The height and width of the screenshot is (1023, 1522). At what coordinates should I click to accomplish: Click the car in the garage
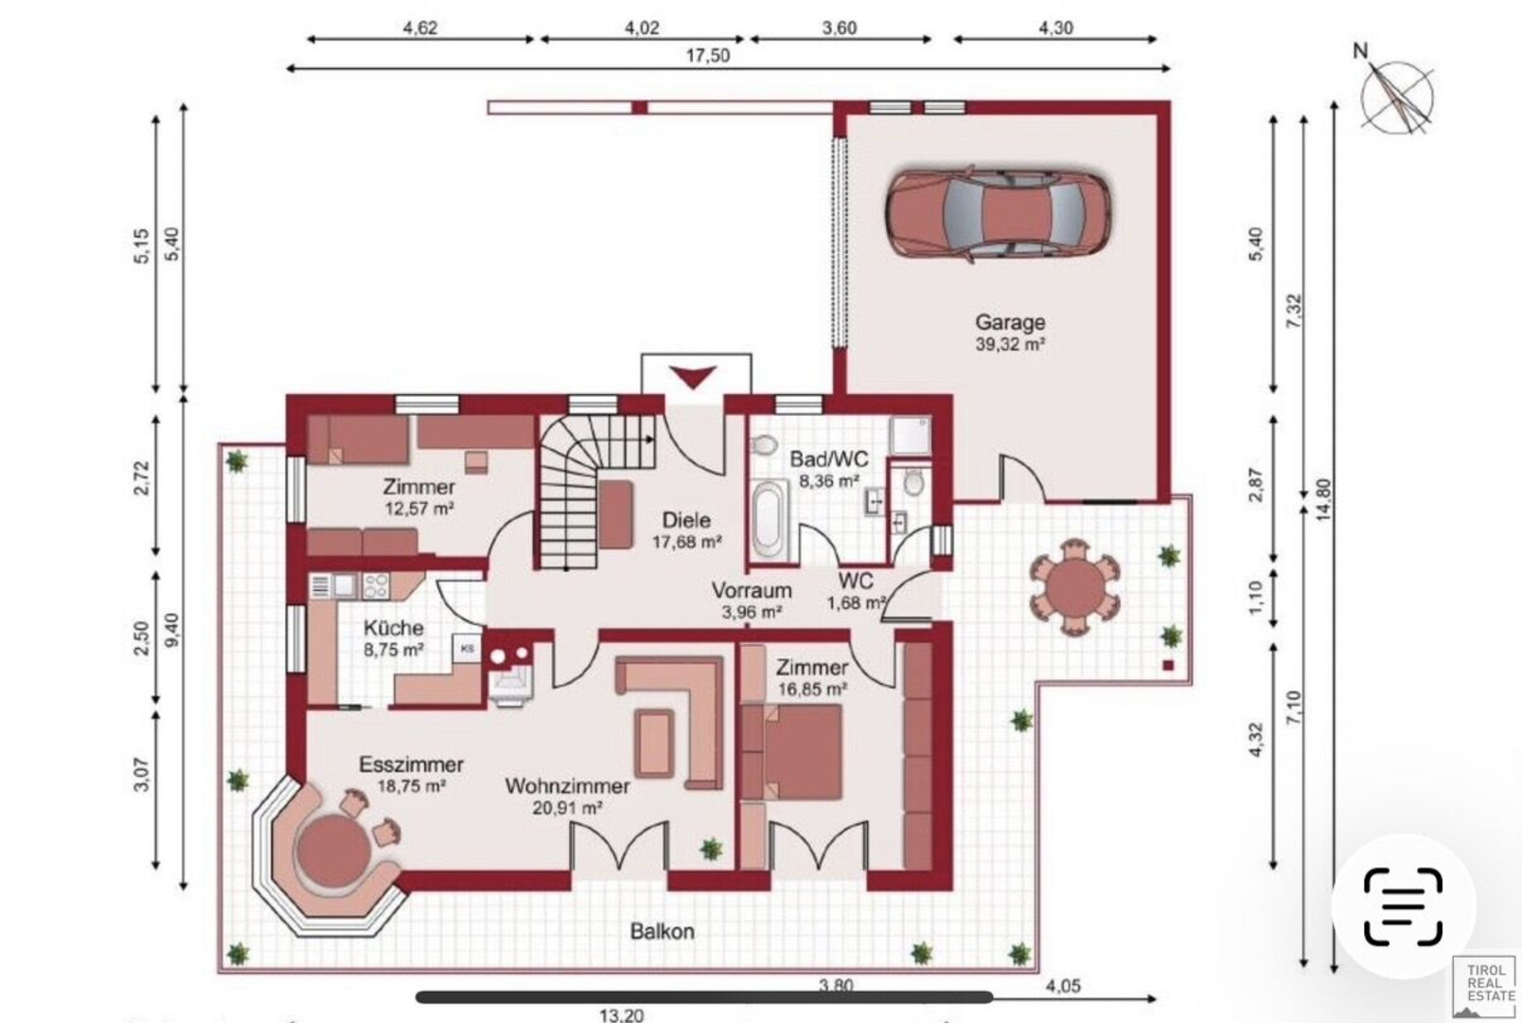pyautogui.click(x=998, y=212)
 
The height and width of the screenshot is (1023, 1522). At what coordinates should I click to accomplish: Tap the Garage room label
pyautogui.click(x=1010, y=322)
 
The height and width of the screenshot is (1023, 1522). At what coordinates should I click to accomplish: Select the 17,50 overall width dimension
pyautogui.click(x=708, y=56)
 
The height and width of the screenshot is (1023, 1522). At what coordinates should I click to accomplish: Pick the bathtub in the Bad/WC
pyautogui.click(x=770, y=520)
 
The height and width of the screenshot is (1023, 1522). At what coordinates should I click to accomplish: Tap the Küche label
pyautogui.click(x=394, y=627)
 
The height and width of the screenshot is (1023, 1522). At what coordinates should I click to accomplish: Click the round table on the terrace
pyautogui.click(x=1075, y=587)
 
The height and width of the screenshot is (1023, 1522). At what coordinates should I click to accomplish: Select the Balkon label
pyautogui.click(x=662, y=931)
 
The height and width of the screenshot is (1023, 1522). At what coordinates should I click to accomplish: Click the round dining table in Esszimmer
pyautogui.click(x=333, y=851)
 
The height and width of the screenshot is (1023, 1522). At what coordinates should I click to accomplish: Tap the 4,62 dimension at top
pyautogui.click(x=420, y=27)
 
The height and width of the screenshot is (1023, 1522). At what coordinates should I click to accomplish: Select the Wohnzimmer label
pyautogui.click(x=567, y=786)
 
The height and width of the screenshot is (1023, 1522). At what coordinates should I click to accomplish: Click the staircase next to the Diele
pyautogui.click(x=596, y=491)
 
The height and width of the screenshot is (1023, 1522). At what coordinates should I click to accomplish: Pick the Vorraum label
pyautogui.click(x=752, y=590)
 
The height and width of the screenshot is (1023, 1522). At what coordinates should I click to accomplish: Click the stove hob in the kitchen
pyautogui.click(x=376, y=585)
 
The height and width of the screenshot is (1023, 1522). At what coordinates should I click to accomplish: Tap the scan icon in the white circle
pyautogui.click(x=1403, y=906)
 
